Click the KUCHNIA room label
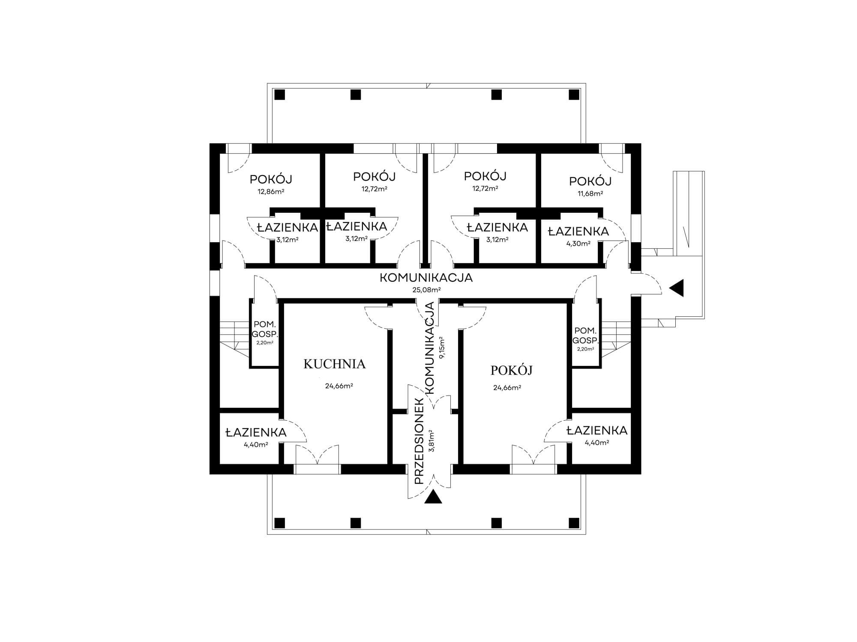point(334,364)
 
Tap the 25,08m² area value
point(427,290)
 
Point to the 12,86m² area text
point(271,192)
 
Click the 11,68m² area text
point(590,193)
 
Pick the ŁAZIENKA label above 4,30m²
point(578,232)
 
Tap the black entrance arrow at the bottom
point(433,497)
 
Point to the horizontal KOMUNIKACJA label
point(426,278)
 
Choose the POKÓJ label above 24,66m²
point(512,370)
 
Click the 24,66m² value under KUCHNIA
point(339,386)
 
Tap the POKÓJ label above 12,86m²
point(271,179)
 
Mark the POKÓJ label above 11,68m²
point(590,181)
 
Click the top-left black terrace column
point(279,95)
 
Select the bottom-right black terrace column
point(574,523)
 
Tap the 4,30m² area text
point(578,243)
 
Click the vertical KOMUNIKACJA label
point(430,348)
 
